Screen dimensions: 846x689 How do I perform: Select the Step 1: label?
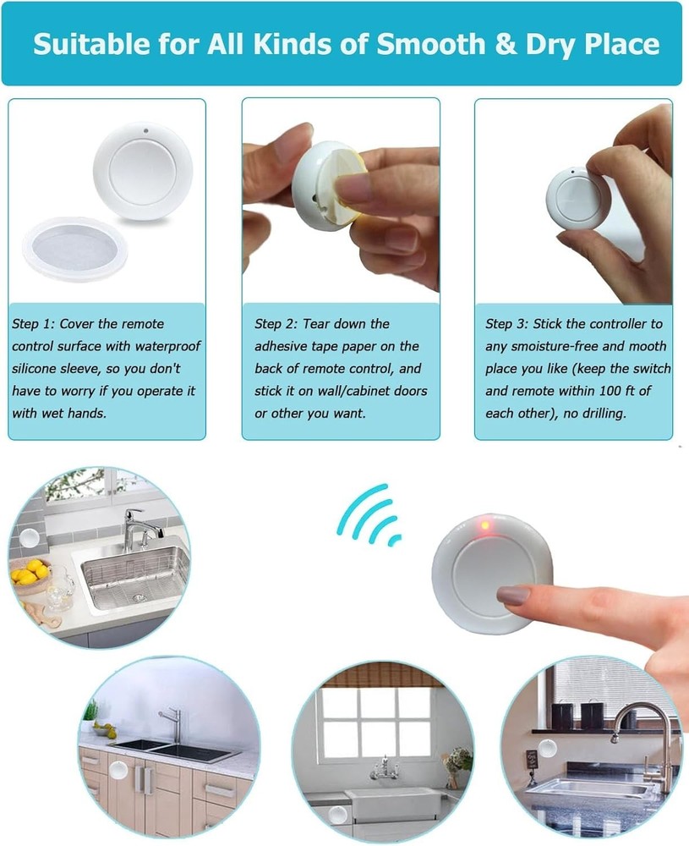(34, 324)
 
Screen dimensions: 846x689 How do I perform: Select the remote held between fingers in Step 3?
(576, 197)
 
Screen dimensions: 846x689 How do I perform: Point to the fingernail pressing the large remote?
(513, 596)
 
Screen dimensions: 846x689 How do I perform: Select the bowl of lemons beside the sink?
(30, 574)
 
